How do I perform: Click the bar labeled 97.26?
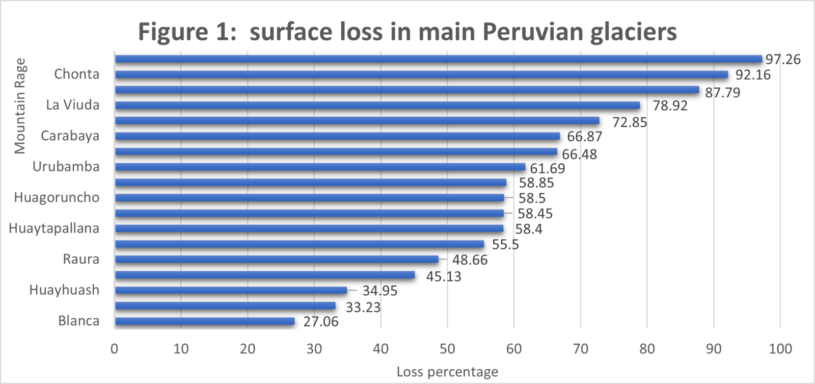tap(438, 59)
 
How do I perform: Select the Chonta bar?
tap(421, 74)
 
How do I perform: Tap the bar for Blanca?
tap(205, 321)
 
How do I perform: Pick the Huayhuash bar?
tap(231, 290)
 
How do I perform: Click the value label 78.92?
tap(670, 106)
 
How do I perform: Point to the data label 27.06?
tap(320, 322)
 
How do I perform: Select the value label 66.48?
tap(579, 155)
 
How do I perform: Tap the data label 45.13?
tap(443, 277)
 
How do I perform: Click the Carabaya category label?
tap(70, 136)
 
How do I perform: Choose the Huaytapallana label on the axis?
tap(54, 228)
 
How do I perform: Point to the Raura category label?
tap(81, 259)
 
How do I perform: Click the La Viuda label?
tap(72, 105)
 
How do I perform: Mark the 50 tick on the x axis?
tap(447, 349)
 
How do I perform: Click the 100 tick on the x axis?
tap(780, 349)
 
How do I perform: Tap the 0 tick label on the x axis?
tap(115, 349)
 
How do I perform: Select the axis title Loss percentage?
tap(447, 372)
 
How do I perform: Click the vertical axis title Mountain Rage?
tap(20, 106)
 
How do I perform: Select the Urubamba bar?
tap(320, 167)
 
